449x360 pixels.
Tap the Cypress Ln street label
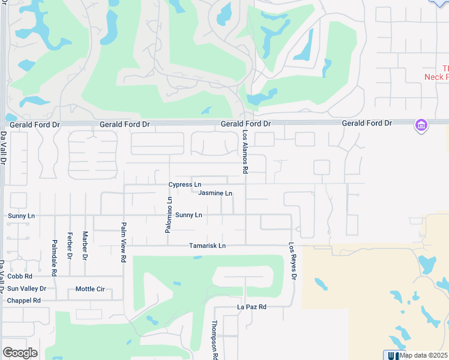click(185, 184)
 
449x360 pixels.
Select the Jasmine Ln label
click(215, 193)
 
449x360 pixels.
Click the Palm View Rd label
click(124, 242)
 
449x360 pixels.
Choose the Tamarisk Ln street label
click(207, 245)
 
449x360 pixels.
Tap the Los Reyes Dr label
click(292, 261)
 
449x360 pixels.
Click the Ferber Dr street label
click(70, 246)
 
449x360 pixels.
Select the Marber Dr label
click(85, 246)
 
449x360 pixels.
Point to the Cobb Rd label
click(20, 277)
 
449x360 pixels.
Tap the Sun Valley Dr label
click(26, 289)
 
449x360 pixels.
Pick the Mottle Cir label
click(90, 289)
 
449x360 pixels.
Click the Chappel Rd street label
click(23, 300)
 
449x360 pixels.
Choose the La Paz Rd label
click(251, 307)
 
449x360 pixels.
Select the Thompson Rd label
click(214, 339)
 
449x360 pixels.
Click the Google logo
click(20, 353)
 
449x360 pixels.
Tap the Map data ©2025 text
click(423, 355)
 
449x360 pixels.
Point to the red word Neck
click(433, 77)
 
